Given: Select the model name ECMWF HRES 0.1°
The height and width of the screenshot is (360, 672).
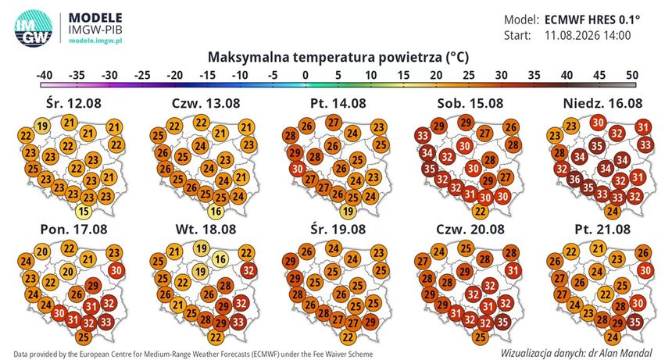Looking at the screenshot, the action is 592,20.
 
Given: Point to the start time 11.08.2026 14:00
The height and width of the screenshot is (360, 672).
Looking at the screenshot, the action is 588,35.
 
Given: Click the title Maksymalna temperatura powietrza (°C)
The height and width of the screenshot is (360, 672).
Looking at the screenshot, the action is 338,57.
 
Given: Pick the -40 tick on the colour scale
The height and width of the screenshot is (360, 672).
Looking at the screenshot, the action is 45,75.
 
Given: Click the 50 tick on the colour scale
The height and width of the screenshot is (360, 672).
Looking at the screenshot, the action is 632,75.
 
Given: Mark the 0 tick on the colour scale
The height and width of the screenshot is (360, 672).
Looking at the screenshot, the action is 306,75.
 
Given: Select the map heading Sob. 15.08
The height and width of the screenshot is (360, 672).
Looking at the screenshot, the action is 470,103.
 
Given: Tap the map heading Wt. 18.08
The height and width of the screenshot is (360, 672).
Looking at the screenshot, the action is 206,229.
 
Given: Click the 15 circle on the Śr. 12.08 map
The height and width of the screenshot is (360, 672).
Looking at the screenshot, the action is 84,211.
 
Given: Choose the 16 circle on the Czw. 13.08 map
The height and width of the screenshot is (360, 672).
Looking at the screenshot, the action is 216,211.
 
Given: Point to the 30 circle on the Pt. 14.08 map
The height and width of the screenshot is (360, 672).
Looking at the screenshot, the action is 298,169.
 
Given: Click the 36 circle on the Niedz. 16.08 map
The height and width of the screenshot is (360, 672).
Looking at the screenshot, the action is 574,179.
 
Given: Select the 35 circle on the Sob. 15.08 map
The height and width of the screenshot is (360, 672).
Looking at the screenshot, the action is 430,169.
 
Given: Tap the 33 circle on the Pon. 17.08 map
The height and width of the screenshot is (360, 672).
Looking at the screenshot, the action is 105,321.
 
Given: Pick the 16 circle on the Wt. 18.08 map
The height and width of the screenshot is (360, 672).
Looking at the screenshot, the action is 220,259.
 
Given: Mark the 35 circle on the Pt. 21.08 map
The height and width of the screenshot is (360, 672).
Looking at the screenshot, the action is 634,321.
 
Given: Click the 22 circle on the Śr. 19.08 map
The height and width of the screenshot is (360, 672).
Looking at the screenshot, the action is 348,337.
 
